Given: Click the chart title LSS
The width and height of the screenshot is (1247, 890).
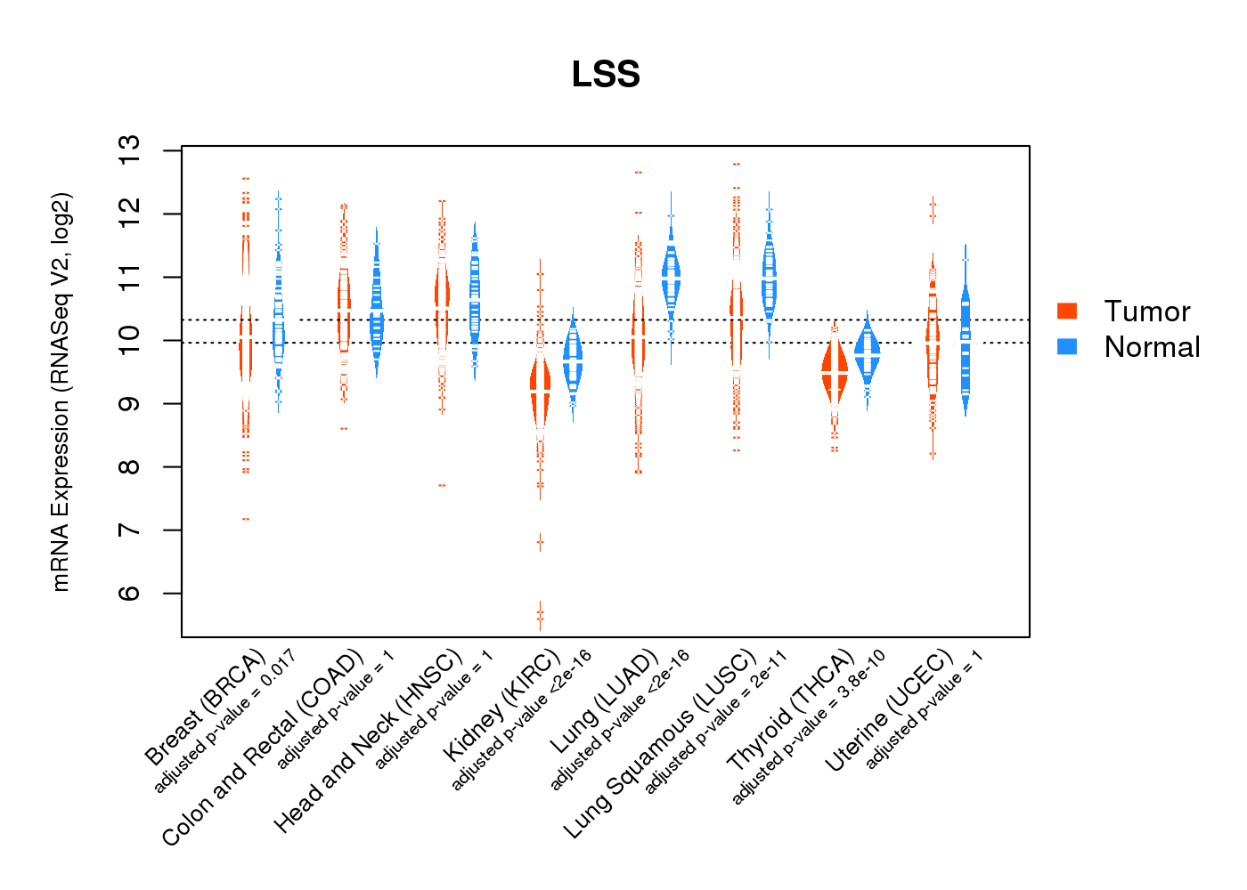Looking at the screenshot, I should [x=606, y=75].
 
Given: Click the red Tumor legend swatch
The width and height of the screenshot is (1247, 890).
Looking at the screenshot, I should [x=1066, y=311].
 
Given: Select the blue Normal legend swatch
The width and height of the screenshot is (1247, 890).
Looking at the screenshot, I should [x=1066, y=346].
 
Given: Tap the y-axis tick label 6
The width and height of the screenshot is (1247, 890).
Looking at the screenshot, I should [x=130, y=594].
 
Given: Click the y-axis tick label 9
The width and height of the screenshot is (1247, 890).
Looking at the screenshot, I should [x=130, y=404].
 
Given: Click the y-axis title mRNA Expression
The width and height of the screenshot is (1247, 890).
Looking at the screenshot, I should [x=61, y=392].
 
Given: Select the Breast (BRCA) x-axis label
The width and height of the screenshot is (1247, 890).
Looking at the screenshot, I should [x=206, y=708].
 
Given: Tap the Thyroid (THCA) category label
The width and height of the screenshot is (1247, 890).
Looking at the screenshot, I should [x=791, y=711].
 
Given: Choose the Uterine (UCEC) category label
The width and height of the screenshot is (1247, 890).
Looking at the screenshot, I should [x=889, y=712].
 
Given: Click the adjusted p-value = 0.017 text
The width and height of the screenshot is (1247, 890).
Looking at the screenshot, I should [x=225, y=722].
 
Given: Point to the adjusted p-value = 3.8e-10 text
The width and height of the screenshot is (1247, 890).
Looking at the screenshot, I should [x=809, y=727].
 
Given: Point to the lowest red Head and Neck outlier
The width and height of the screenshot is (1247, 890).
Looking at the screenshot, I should [x=442, y=485].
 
